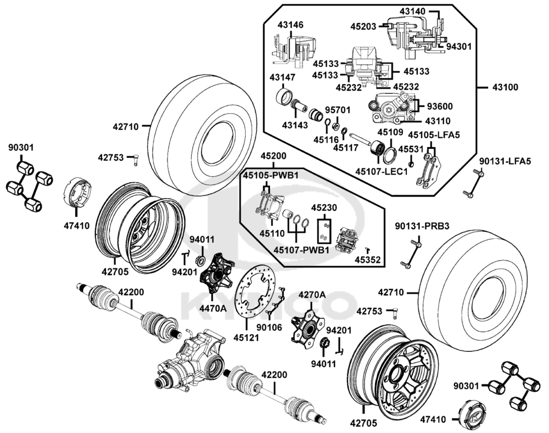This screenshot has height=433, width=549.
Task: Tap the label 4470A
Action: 212,308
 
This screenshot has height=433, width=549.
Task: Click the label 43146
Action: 290,25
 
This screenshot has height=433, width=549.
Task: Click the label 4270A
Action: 312,295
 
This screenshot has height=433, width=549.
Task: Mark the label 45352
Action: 368,260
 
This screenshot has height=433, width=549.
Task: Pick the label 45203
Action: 365,25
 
